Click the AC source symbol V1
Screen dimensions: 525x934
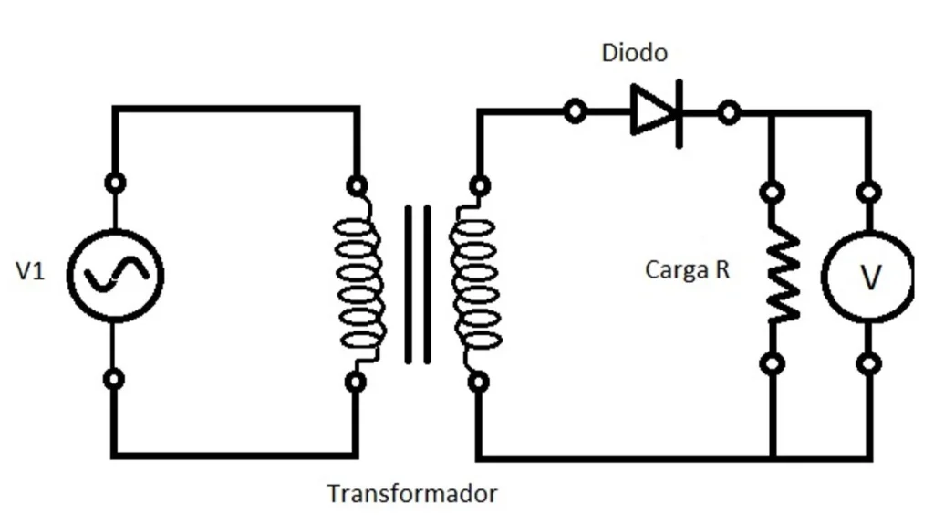(116, 274)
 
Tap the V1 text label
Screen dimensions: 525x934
(30, 272)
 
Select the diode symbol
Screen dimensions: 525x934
(657, 112)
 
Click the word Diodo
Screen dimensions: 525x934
(634, 53)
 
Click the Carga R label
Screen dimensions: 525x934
(687, 270)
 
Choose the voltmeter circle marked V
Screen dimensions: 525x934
(867, 277)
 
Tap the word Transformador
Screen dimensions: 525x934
(412, 494)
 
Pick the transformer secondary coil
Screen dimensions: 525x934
(474, 284)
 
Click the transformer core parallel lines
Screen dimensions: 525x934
(418, 284)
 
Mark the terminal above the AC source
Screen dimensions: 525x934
(114, 183)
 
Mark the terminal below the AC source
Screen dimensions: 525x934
(114, 378)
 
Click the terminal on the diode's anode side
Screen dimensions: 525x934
(575, 112)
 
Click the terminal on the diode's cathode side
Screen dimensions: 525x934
(728, 113)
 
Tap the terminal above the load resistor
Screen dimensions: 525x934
(773, 193)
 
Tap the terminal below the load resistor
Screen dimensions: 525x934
(773, 363)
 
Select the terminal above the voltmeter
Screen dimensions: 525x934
(870, 193)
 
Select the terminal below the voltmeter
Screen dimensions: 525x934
(870, 363)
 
